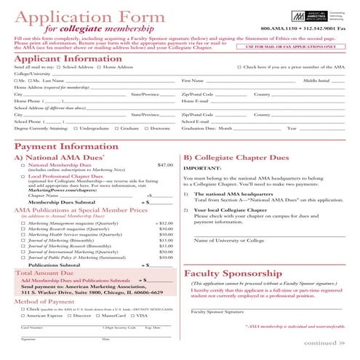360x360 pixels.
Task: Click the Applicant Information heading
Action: pos(59,58)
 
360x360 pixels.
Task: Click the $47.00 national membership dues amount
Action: pos(165,165)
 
